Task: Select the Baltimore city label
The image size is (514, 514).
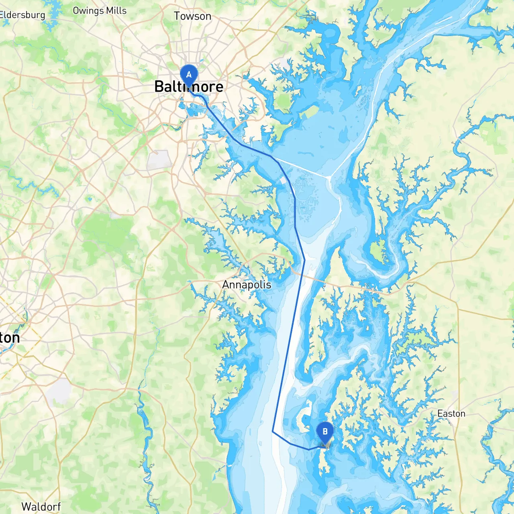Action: (189, 87)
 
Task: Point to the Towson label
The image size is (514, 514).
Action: (192, 16)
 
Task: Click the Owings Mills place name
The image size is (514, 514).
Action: (100, 11)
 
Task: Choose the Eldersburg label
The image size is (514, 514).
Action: (22, 15)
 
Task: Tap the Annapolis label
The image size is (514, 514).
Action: (247, 285)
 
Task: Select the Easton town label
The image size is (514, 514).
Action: (451, 414)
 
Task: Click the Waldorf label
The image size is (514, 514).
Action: (41, 507)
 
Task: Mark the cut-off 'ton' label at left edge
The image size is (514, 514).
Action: (10, 338)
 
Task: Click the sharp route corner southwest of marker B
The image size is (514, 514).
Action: (273, 432)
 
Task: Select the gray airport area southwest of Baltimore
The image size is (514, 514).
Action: (159, 160)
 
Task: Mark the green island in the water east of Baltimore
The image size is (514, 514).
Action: (309, 111)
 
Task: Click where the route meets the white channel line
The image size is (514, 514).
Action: (277, 161)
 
